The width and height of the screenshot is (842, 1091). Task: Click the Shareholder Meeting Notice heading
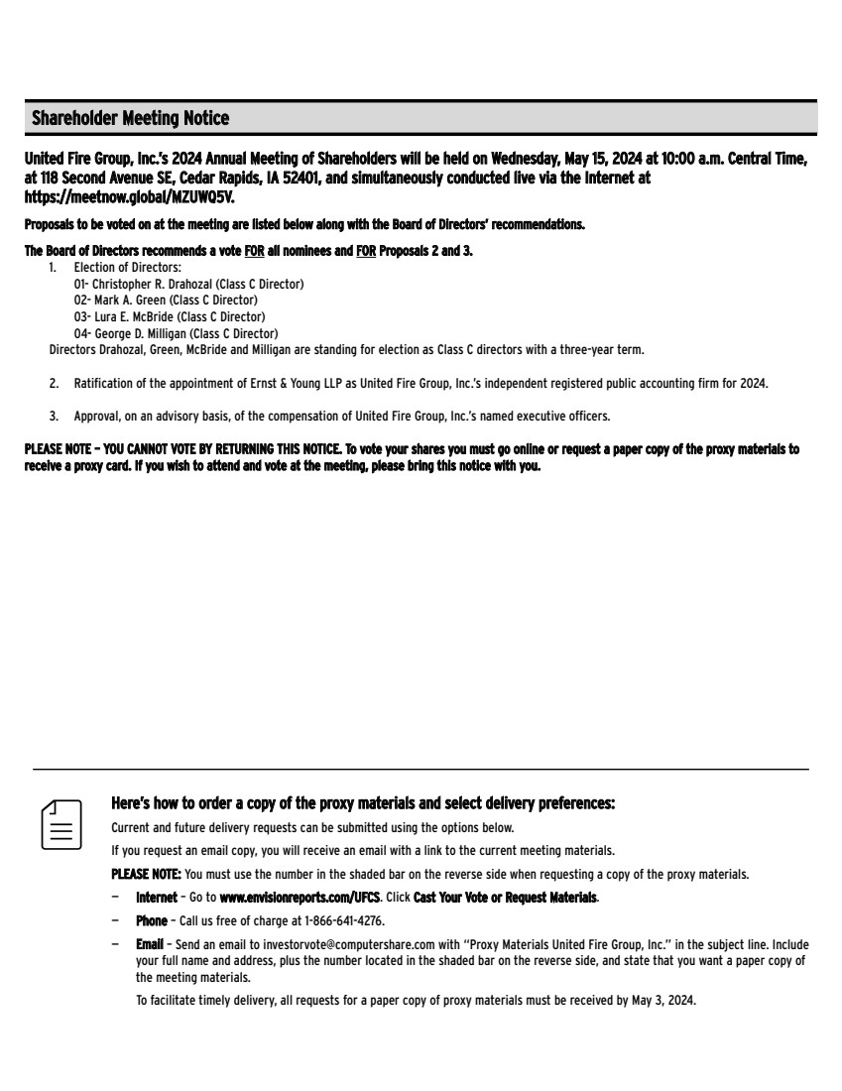[130, 119]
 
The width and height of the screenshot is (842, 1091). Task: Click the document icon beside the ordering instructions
[60, 823]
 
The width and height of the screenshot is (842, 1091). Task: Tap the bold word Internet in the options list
[157, 898]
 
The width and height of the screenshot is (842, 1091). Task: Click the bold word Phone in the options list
[151, 921]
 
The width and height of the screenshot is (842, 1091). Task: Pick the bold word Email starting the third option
[149, 945]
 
